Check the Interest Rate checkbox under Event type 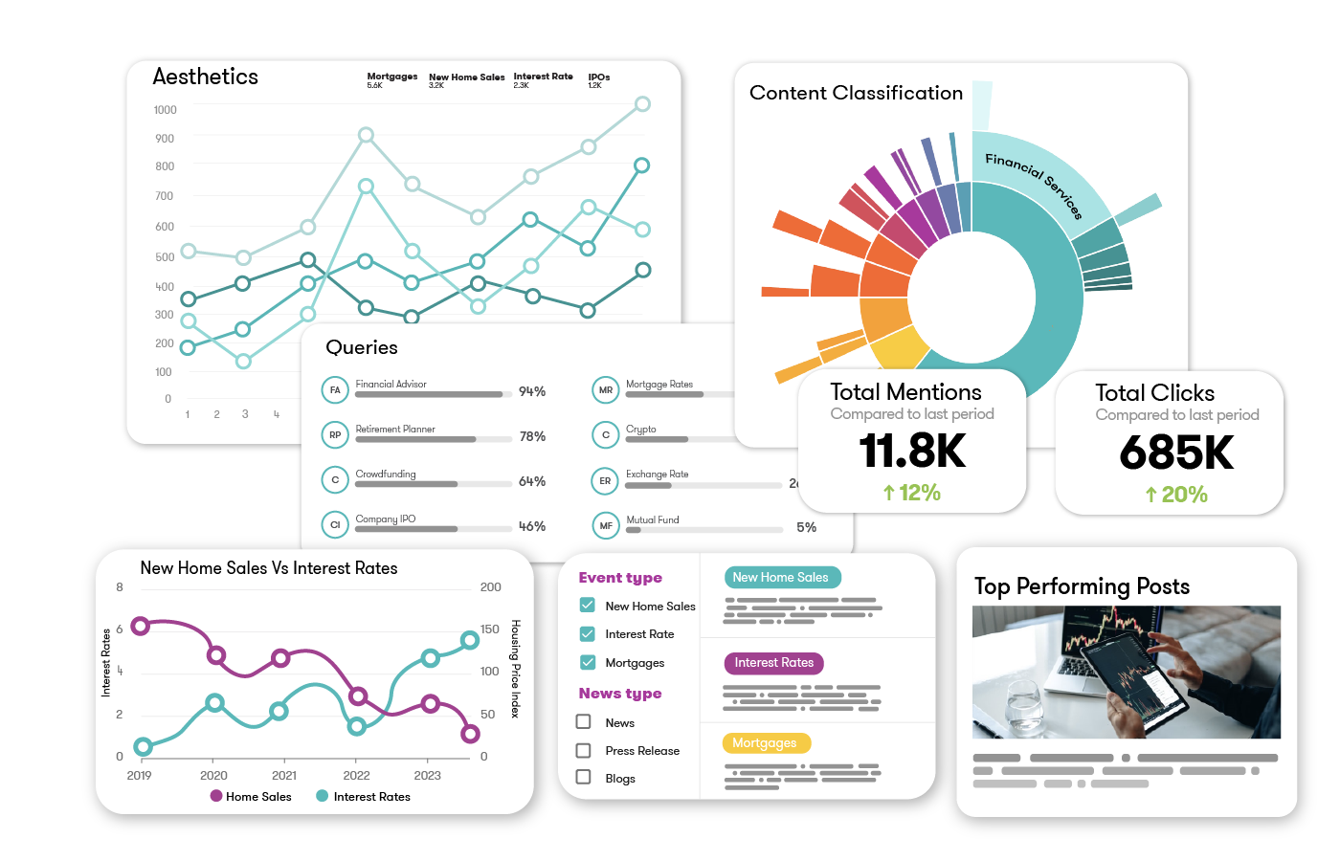588,634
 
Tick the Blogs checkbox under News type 584,778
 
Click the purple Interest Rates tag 773,663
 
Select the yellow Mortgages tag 766,743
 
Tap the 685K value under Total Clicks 1176,453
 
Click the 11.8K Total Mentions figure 912,451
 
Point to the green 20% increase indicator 1176,495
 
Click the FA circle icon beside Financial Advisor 335,390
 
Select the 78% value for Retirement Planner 532,436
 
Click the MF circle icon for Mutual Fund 606,526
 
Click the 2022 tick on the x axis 356,776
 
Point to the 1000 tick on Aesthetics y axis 165,110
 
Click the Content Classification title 856,93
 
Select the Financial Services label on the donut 1034,185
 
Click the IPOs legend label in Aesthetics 599,77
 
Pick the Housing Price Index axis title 515,669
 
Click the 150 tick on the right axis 490,629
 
